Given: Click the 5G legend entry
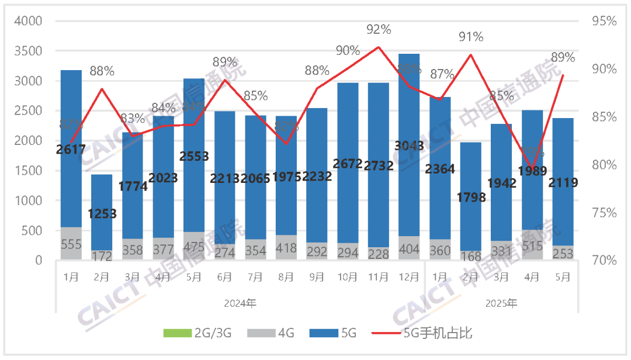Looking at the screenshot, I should (x=341, y=334).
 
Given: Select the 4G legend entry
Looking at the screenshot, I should (x=278, y=334).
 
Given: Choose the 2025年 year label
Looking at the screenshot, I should (x=501, y=304).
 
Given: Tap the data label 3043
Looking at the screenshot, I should (x=409, y=146).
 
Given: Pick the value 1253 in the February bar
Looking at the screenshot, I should (x=102, y=213).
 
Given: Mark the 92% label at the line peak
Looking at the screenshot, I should (x=379, y=29).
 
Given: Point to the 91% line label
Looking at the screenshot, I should (x=471, y=37).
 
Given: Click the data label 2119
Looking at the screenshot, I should (x=563, y=183).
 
